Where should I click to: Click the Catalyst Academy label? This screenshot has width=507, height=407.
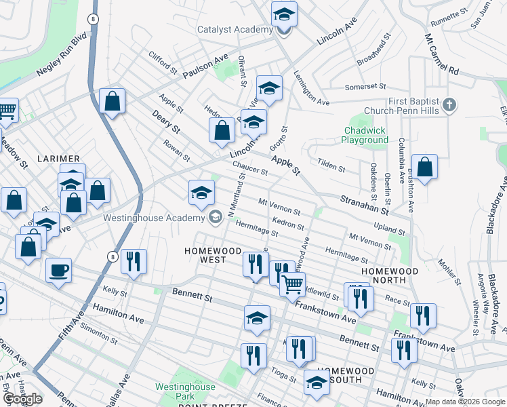click(x=235, y=29)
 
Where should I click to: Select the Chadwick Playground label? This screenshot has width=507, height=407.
click(x=365, y=135)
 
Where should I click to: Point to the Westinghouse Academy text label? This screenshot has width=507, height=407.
click(x=153, y=218)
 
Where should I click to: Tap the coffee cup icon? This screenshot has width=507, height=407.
click(x=58, y=271)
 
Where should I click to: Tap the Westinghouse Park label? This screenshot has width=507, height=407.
click(x=185, y=391)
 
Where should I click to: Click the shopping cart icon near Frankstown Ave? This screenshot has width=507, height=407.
click(x=292, y=284)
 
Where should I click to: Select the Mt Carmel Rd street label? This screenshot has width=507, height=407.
click(x=442, y=56)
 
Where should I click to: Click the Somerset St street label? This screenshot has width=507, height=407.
click(x=365, y=87)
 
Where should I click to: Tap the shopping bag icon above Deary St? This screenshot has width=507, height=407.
click(x=113, y=102)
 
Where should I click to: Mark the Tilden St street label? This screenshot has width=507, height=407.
click(x=331, y=165)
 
